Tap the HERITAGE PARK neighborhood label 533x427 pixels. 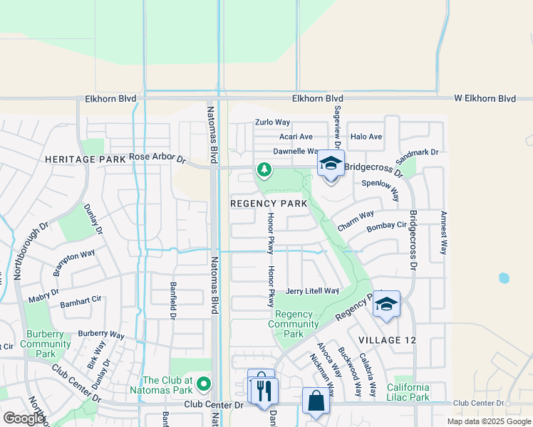pos(85,160)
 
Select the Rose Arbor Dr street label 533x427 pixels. pos(157,157)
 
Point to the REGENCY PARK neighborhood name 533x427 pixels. pos(268,204)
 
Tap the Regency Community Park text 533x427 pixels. pos(294,324)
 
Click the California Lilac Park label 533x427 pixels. pos(418,392)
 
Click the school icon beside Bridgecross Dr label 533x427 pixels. pos(331,164)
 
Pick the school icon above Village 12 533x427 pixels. pos(386,304)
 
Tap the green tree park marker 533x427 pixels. pos(264,169)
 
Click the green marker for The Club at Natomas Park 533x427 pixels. pos(204,385)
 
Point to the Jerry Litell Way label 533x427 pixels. pos(312,291)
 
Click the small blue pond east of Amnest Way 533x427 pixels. pos(504,278)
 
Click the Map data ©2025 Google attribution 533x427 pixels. pos(488,421)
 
